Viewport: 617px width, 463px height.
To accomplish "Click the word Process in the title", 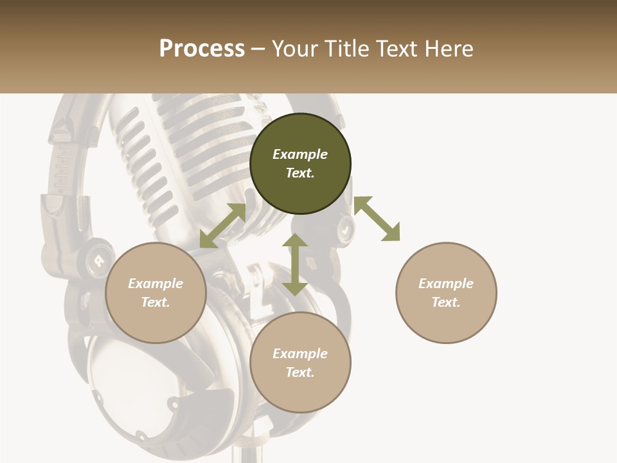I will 202,49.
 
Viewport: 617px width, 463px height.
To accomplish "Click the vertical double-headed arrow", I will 295,265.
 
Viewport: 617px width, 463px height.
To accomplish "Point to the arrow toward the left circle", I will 222,226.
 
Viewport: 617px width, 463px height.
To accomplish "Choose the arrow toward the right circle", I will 377,219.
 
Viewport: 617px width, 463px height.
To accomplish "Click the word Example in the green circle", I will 300,154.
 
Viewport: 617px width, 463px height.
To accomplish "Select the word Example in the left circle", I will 156,284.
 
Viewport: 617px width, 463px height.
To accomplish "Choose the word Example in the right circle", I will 446,284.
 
